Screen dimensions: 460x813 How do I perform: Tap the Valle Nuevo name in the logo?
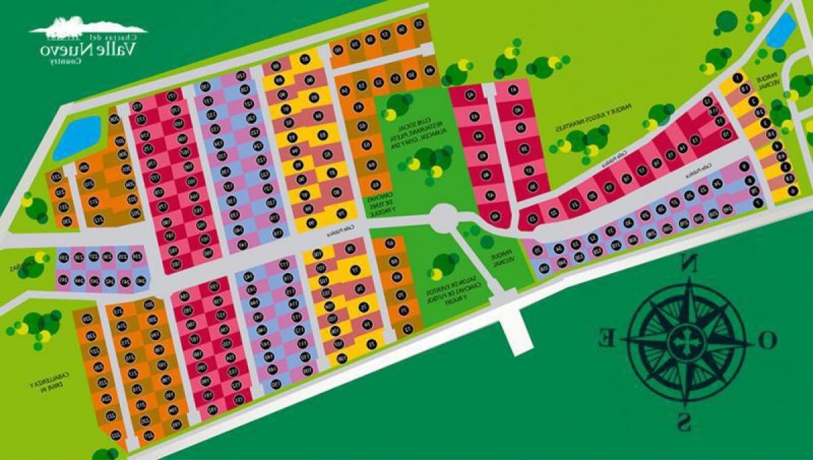pyautogui.click(x=89, y=49)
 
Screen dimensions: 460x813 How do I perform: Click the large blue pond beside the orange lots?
pyautogui.click(x=77, y=137)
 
